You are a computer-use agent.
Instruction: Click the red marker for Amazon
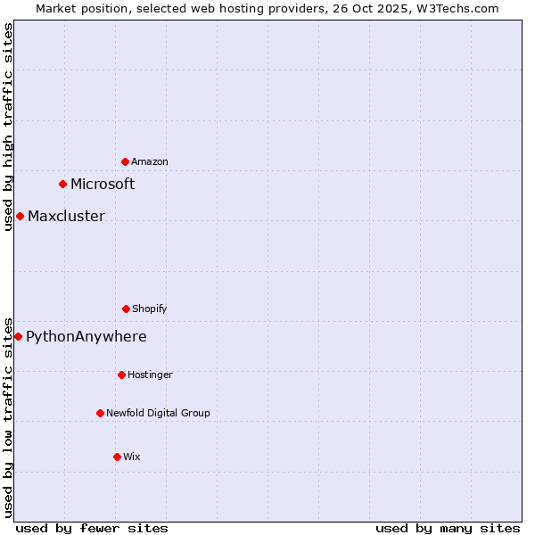[x=125, y=161]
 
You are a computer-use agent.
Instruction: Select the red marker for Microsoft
[x=62, y=185]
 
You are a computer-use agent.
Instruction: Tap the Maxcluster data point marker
[x=20, y=217]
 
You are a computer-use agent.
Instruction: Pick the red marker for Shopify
[x=126, y=309]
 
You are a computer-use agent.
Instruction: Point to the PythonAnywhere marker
[x=18, y=336]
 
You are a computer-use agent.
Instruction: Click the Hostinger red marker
[x=121, y=374]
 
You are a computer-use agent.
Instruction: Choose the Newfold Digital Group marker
[x=100, y=413]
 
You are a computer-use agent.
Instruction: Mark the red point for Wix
[x=117, y=457]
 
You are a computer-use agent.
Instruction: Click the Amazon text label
[x=150, y=161]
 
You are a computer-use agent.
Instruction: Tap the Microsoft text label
[x=103, y=185]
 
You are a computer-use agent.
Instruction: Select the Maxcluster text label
[x=66, y=217]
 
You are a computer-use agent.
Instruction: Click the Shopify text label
[x=150, y=309]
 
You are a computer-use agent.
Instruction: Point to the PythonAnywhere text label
[x=86, y=337]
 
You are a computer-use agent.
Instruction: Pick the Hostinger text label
[x=150, y=374]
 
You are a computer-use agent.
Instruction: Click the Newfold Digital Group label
[x=158, y=413]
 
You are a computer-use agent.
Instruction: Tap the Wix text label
[x=132, y=457]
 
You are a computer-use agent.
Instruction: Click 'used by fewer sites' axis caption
[x=92, y=529]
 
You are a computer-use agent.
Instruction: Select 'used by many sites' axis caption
[x=448, y=529]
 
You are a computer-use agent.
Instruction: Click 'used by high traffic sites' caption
[x=8, y=127]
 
